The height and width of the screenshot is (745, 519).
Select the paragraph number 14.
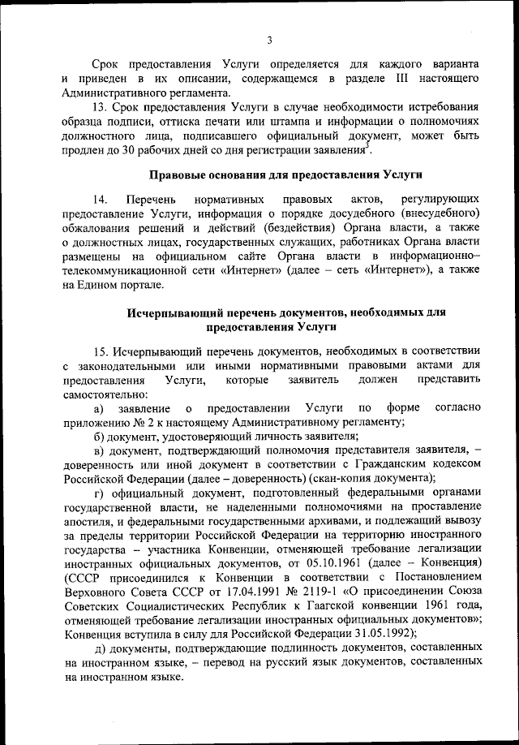click(101, 199)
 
